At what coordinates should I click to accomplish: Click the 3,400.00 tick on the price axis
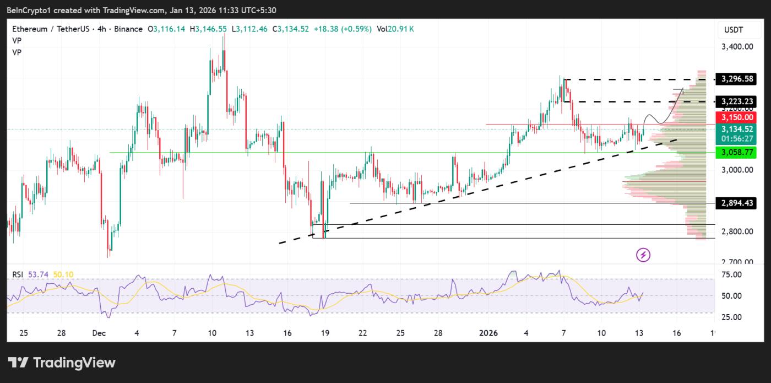737,47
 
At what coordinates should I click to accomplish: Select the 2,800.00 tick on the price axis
737,231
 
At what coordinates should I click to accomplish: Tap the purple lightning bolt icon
644,255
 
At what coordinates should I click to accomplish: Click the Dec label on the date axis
99,333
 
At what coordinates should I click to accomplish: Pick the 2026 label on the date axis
488,333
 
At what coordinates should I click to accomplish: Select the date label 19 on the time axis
325,333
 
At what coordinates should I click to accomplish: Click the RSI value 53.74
36,274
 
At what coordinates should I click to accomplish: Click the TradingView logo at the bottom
62,363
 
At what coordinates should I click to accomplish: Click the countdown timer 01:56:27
737,139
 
